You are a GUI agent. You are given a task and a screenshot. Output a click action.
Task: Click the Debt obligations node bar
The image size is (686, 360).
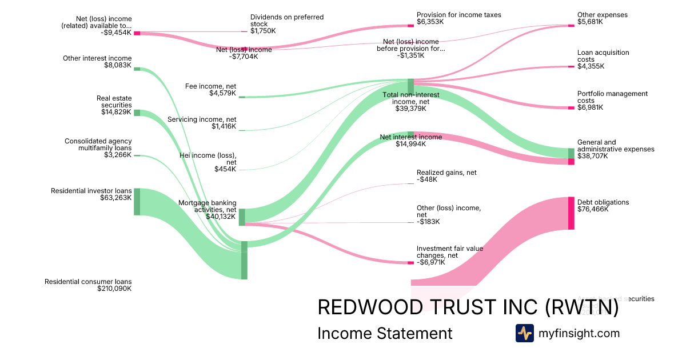click(x=571, y=213)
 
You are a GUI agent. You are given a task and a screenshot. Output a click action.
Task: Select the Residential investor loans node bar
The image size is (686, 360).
click(x=137, y=202)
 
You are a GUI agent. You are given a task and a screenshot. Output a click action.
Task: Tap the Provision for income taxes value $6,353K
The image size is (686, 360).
click(x=430, y=22)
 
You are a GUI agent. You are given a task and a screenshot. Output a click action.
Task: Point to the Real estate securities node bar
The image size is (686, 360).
click(x=137, y=113)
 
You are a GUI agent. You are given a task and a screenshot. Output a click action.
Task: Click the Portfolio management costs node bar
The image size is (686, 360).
click(x=571, y=108)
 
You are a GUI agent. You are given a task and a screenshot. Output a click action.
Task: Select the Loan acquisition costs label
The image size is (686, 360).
click(x=603, y=56)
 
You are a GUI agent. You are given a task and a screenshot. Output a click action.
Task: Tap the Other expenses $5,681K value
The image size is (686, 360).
click(x=591, y=22)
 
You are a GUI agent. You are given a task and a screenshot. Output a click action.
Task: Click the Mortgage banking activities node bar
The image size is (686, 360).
click(x=242, y=217)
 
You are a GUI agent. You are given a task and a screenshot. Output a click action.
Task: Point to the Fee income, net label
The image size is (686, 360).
click(x=210, y=86)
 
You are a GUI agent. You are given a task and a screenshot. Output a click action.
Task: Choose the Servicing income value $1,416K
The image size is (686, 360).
click(x=224, y=126)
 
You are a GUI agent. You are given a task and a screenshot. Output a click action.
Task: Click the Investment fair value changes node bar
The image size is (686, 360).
click(x=410, y=263)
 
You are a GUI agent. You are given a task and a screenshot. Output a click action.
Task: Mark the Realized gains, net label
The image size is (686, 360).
click(x=446, y=173)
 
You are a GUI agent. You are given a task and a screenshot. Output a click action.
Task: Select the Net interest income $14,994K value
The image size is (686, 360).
click(x=411, y=144)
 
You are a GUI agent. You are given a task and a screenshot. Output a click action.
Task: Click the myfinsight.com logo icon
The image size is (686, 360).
click(x=524, y=333)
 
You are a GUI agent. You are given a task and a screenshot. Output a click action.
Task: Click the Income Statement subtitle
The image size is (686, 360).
click(x=385, y=333)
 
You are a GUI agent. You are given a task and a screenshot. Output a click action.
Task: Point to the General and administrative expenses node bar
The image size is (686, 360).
click(x=571, y=157)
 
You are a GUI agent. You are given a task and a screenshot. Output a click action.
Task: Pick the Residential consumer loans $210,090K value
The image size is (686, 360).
click(x=114, y=289)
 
